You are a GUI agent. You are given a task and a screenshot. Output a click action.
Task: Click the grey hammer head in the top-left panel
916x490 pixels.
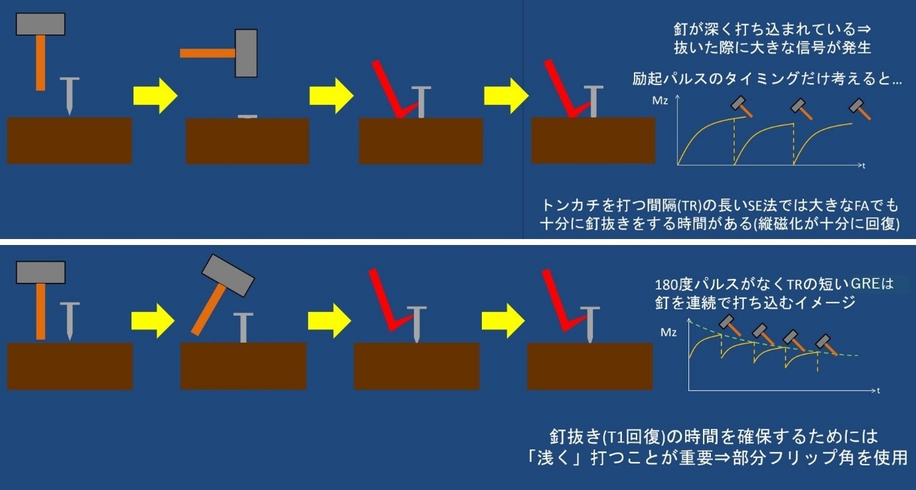(40, 24)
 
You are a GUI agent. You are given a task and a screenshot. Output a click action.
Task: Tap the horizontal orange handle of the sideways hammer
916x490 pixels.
(208, 53)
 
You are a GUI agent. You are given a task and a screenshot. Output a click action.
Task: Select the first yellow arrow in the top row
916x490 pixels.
(155, 96)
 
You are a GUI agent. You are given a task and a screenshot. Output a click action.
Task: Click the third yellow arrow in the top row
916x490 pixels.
(506, 96)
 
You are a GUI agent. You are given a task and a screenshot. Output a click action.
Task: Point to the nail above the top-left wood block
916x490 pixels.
(70, 96)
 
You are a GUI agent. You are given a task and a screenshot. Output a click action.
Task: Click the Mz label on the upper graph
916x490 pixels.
(660, 101)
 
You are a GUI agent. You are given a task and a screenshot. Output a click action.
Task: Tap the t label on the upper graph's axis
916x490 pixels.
(864, 166)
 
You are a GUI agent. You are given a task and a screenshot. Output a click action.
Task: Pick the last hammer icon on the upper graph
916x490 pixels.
(860, 109)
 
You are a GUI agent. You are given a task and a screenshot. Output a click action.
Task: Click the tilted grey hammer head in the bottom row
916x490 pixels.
(228, 276)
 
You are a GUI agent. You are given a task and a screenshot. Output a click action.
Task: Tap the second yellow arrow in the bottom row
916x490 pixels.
(330, 321)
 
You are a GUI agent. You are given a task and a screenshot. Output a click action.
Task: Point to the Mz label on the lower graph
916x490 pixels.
(668, 333)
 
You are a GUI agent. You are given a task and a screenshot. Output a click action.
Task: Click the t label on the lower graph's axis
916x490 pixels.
(878, 390)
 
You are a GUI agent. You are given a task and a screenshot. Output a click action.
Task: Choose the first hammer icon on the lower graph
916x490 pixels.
(730, 326)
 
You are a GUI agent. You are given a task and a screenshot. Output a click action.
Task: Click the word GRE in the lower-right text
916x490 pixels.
(865, 284)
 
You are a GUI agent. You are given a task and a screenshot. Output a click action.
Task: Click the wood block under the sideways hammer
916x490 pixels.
(248, 141)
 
